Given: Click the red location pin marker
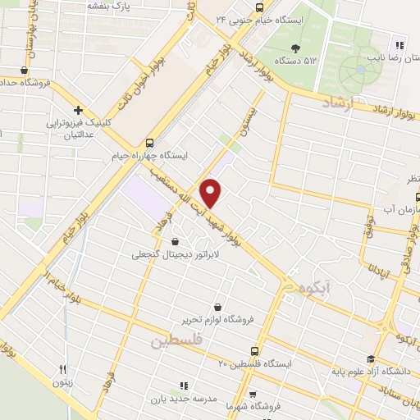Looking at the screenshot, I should (212, 193).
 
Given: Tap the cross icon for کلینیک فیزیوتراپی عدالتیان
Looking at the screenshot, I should (78, 110).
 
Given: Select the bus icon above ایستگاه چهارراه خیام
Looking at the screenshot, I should (148, 141).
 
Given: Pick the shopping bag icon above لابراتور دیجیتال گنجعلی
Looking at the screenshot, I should (176, 241).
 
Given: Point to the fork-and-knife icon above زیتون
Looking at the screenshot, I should (63, 370).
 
